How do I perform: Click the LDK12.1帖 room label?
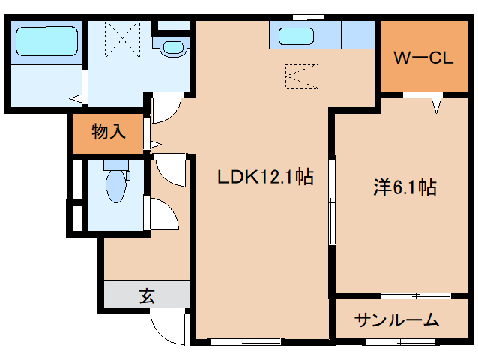click(x=264, y=178)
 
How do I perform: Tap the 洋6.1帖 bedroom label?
click(x=405, y=187)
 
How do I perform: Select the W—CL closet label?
click(x=423, y=58)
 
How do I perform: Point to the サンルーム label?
click(x=397, y=320)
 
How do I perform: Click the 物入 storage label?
click(x=108, y=133)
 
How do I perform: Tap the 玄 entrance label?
click(x=146, y=295)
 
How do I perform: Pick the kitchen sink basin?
click(x=297, y=36)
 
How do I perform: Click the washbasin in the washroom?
click(x=173, y=47)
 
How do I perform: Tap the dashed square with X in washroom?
click(x=123, y=39)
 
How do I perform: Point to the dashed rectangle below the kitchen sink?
click(x=302, y=76)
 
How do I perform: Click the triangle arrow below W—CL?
click(x=435, y=106)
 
